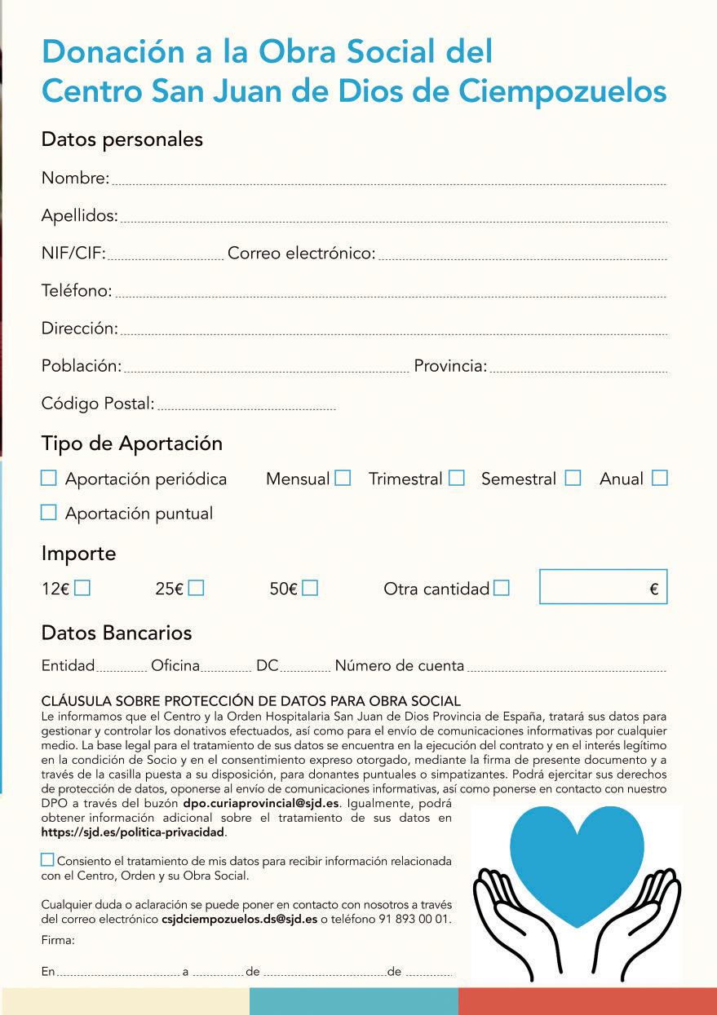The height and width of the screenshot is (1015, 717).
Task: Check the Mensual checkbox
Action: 343,479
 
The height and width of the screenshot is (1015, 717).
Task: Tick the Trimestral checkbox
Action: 456,479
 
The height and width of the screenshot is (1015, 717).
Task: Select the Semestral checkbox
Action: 573,479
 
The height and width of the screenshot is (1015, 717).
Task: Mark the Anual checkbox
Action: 659,479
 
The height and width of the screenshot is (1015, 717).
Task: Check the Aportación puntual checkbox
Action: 49,513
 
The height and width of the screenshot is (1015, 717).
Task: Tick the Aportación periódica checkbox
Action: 49,479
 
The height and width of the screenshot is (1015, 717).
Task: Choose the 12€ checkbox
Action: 82,588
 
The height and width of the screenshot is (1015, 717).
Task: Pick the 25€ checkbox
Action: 196,588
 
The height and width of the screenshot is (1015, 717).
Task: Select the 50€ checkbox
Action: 309,588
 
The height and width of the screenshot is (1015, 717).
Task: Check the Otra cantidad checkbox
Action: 501,588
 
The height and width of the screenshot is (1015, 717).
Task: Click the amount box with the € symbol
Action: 603,587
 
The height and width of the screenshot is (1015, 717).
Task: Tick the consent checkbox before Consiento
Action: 47,860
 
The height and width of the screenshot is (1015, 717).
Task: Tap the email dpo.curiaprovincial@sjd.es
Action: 261,803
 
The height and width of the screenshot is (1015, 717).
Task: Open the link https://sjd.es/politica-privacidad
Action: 133,833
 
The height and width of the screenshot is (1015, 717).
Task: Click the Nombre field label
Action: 74,178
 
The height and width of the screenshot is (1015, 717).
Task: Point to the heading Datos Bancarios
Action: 117,633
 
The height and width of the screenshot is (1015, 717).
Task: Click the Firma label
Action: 58,940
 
